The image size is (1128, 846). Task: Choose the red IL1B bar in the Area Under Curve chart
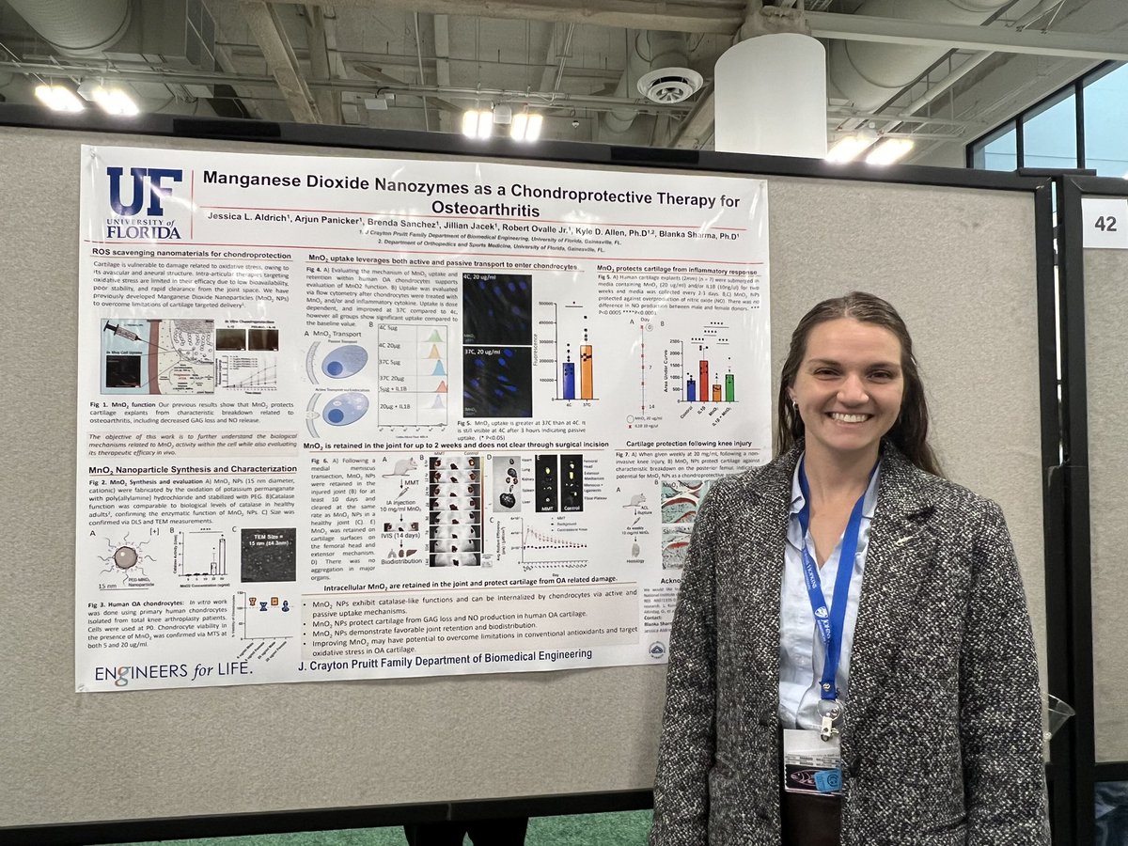click(703, 380)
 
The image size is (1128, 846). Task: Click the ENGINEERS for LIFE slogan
click(173, 671)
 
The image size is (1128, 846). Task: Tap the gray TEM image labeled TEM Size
click(268, 555)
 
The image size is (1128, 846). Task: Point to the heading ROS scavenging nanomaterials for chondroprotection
click(188, 252)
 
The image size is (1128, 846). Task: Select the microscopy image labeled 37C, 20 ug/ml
click(497, 381)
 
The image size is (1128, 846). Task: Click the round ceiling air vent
click(669, 85)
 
